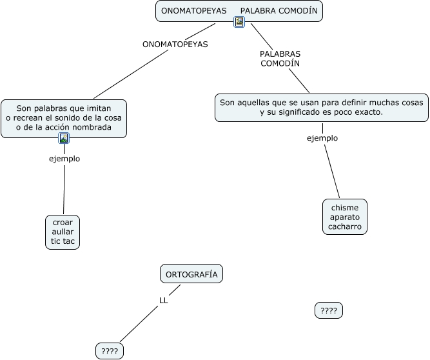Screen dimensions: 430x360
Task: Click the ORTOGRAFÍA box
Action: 191,274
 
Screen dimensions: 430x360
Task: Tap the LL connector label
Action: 164,301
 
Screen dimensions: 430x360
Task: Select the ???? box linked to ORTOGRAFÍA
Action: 110,351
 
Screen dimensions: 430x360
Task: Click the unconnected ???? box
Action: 329,310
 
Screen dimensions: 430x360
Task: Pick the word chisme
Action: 345,208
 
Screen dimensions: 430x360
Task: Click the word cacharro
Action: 345,226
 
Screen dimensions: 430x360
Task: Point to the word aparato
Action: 345,217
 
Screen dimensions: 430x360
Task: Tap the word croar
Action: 63,222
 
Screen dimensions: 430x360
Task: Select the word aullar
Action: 63,232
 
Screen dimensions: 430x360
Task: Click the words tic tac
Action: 63,241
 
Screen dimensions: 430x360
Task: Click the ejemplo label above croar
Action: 64,159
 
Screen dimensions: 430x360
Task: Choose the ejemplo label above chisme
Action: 322,138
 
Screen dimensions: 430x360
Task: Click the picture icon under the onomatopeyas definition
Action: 64,138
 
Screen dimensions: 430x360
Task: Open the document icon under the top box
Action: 239,22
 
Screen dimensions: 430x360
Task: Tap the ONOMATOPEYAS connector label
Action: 175,44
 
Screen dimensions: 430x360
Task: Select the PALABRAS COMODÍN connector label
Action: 280,59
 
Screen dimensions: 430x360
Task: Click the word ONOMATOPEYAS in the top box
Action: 194,11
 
